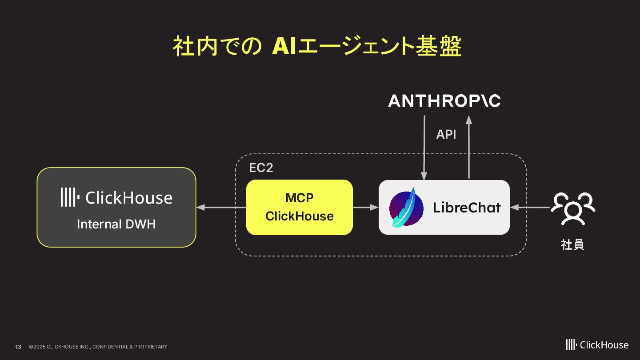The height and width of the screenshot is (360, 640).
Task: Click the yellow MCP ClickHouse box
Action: pos(299,207)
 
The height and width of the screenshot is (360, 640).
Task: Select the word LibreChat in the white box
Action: pos(467,208)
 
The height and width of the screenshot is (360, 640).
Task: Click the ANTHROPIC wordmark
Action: pos(444,101)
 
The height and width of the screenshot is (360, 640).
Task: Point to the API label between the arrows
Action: pos(446,134)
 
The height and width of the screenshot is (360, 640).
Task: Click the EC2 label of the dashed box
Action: pos(261,168)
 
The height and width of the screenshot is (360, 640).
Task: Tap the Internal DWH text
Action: pos(116,224)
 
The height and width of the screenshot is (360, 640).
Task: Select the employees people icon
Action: pos(572,208)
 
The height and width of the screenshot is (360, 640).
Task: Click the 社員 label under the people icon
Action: pos(572,244)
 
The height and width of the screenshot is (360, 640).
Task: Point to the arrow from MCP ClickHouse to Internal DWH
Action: pos(221,207)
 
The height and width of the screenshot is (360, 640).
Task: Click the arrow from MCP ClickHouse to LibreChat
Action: pos(365,207)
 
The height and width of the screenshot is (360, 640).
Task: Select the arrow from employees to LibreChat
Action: pos(530,207)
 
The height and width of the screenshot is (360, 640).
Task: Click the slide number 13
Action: pos(18,347)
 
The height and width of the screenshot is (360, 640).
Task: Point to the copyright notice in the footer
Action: pos(98,347)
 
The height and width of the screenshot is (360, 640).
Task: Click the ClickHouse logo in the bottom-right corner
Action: pos(597,345)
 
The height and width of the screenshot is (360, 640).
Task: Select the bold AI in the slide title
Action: pos(284,46)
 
